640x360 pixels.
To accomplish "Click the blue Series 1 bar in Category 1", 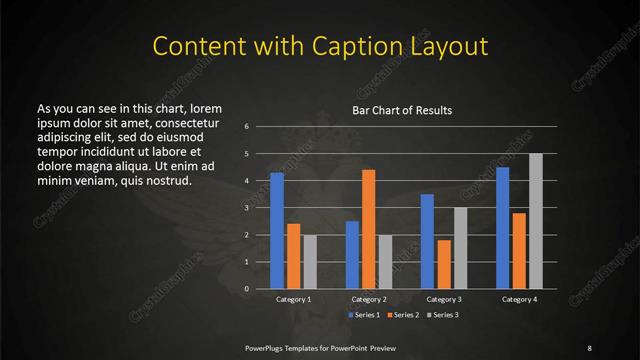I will tap(277, 231).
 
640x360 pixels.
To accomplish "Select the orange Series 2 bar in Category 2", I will tap(368, 229).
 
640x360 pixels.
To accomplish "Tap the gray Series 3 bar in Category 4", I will tap(535, 221).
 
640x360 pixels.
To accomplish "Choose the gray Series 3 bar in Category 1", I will tap(309, 262).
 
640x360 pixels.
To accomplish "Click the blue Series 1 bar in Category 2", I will tap(352, 255).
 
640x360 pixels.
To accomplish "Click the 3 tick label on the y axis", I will tap(247, 208).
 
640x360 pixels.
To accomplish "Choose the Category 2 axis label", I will tap(368, 299).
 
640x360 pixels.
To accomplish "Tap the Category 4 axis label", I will tap(519, 299).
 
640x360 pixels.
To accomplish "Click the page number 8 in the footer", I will tap(589, 347).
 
